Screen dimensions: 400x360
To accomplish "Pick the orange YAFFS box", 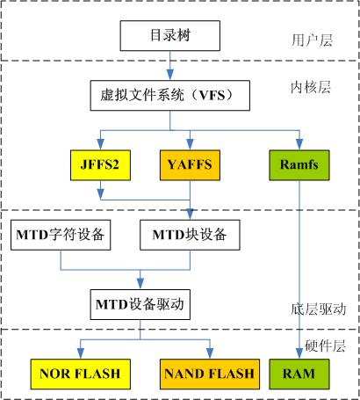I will click(x=191, y=163).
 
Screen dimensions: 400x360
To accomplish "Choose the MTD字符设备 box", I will click(x=60, y=234).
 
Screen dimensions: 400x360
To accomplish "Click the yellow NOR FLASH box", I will click(x=76, y=374).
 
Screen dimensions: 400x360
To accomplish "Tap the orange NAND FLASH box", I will click(x=208, y=374).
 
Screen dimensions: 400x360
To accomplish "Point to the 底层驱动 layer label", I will click(x=311, y=309).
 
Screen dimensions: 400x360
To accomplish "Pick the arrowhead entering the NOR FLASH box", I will click(x=76, y=354).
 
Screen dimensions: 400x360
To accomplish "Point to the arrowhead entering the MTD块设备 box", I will click(x=191, y=215).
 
